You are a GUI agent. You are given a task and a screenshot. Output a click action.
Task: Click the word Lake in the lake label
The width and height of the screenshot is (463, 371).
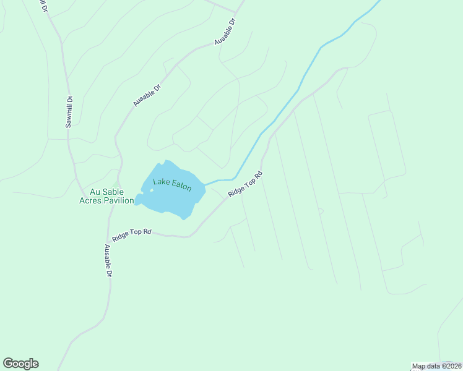(162, 182)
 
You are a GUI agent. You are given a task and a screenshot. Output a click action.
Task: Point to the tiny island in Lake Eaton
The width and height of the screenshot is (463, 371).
(152, 190)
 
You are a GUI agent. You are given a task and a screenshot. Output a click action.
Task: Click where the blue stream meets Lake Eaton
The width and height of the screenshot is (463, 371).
(204, 185)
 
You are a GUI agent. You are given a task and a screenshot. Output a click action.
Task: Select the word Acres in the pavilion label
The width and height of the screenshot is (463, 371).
(93, 200)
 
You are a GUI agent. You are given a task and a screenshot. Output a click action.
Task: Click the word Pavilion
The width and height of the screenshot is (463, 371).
(120, 200)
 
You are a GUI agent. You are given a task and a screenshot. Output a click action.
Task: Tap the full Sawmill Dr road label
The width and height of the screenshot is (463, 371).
(69, 111)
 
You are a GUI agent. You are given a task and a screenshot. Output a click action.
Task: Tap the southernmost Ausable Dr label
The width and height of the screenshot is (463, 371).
(108, 260)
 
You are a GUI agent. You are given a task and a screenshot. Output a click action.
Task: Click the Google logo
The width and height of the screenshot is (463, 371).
(20, 364)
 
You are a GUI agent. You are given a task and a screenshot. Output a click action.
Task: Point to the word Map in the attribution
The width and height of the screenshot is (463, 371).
(419, 366)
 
